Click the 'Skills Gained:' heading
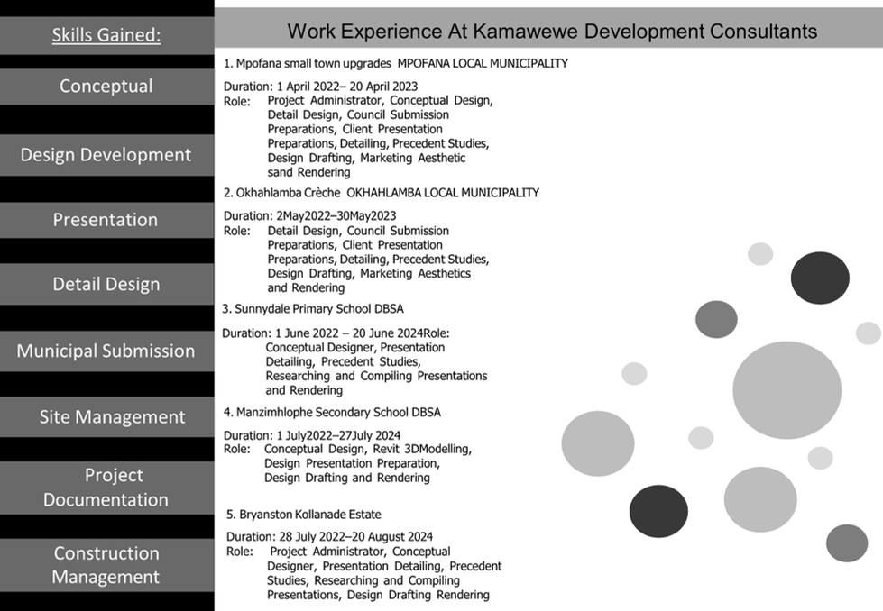[x=106, y=35]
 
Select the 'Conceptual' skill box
[x=106, y=87]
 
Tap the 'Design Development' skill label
[x=106, y=155]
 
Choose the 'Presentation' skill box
[x=106, y=220]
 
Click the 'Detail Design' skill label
[x=106, y=284]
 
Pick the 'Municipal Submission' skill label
[x=106, y=351]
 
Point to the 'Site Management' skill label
[x=112, y=417]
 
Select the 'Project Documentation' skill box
[x=106, y=488]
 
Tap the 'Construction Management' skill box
[x=106, y=565]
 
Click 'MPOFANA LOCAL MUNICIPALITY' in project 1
[x=483, y=64]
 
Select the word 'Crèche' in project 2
[x=322, y=193]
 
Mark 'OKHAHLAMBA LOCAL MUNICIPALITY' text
[x=443, y=193]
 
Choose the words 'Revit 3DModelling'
[x=422, y=449]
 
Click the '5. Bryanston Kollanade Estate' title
[x=304, y=515]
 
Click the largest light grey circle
[x=786, y=390]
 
